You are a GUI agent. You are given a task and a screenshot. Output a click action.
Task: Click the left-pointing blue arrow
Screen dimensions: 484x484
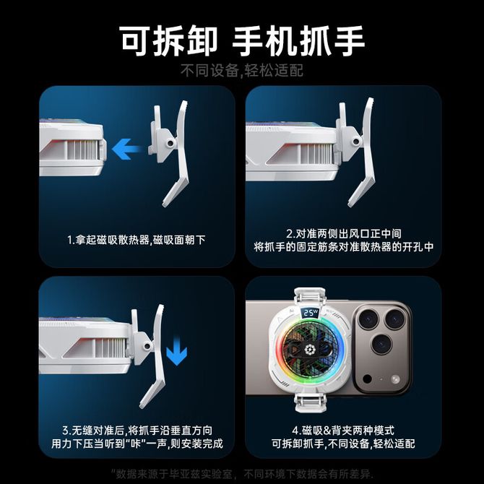click(126, 149)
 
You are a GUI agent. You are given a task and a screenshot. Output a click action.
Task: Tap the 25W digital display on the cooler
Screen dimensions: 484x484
click(310, 313)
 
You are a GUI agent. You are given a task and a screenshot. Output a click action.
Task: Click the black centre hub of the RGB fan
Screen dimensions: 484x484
click(308, 350)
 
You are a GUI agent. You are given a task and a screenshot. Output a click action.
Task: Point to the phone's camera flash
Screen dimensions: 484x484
click(395, 379)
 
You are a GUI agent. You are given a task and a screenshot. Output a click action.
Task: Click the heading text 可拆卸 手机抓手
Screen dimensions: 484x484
click(242, 41)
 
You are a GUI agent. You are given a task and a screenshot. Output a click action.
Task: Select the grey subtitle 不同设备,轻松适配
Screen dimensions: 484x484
click(242, 71)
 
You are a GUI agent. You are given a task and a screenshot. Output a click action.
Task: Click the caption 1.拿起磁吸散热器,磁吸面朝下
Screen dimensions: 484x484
click(136, 240)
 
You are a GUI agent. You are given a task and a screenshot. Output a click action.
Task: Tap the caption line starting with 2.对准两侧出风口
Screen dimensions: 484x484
click(344, 233)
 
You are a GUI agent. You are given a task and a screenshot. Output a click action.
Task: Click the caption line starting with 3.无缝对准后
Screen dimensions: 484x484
click(137, 430)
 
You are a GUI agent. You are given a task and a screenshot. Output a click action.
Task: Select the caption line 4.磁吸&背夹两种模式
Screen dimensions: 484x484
click(343, 430)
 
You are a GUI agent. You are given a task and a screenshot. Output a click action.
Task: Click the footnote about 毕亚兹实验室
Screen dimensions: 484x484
click(242, 473)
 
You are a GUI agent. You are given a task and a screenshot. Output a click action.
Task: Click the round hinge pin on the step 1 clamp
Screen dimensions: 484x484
click(170, 144)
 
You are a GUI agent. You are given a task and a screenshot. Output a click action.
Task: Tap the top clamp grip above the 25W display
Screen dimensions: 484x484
click(310, 297)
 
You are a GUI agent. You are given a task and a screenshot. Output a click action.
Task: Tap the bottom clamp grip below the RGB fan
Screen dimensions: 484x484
click(310, 402)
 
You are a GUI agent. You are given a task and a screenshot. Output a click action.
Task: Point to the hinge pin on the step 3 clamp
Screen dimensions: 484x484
click(148, 346)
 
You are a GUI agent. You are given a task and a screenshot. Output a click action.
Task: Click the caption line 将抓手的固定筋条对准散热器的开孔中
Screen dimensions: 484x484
click(344, 246)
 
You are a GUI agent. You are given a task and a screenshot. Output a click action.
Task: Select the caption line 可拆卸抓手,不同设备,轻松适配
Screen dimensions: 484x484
click(343, 444)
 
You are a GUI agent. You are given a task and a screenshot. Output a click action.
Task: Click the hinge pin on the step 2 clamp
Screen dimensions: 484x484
click(356, 142)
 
